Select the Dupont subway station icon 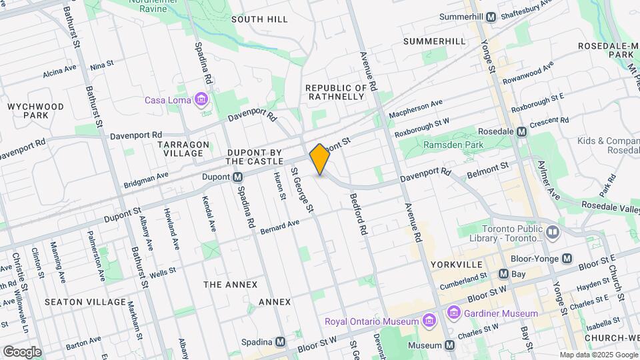[237, 177]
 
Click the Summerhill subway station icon [491, 17]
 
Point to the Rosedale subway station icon [522, 131]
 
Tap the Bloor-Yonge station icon [567, 258]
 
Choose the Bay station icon [503, 273]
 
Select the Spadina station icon [281, 341]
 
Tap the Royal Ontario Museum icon [429, 321]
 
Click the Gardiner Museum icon [454, 313]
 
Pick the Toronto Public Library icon [553, 232]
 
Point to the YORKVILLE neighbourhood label [456, 265]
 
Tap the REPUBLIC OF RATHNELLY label [336, 92]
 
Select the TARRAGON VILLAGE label [184, 149]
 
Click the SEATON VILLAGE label [85, 302]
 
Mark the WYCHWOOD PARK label [35, 111]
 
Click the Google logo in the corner [22, 351]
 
